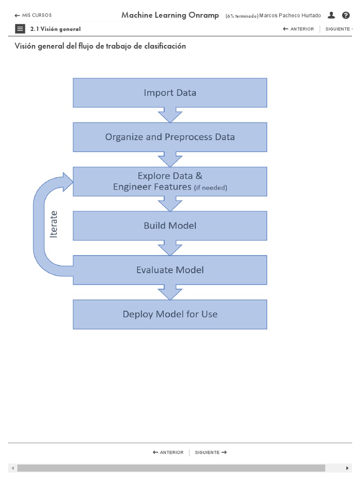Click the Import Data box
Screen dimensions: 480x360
pyautogui.click(x=170, y=93)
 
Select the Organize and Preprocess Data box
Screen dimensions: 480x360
pyautogui.click(x=170, y=137)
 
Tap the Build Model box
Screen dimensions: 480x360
pyautogui.click(x=170, y=226)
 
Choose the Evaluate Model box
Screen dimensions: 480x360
pyautogui.click(x=170, y=270)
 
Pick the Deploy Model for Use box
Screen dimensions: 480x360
pyautogui.click(x=170, y=314)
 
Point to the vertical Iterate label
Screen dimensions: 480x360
pyautogui.click(x=54, y=224)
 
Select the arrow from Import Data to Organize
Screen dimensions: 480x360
pyautogui.click(x=170, y=114)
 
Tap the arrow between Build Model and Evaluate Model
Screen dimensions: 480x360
pyautogui.click(x=170, y=247)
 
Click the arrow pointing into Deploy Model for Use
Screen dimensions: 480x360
pyautogui.click(x=170, y=292)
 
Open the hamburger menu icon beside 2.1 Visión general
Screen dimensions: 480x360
pyautogui.click(x=20, y=29)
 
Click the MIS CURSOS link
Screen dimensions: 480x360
pyautogui.click(x=33, y=15)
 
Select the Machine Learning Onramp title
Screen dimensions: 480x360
pyautogui.click(x=170, y=15)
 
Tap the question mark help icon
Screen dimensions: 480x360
pyautogui.click(x=346, y=15)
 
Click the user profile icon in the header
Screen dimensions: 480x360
pyautogui.click(x=331, y=15)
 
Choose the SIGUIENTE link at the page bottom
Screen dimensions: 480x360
pyautogui.click(x=211, y=452)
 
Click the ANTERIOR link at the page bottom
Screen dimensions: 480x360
pyautogui.click(x=168, y=452)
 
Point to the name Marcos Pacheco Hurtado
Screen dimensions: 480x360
pyautogui.click(x=290, y=15)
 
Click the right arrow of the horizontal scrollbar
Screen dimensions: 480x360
pyautogui.click(x=347, y=468)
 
